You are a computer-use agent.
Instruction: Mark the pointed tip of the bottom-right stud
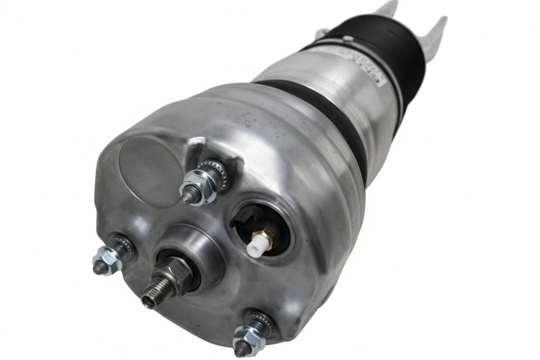(239, 351)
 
